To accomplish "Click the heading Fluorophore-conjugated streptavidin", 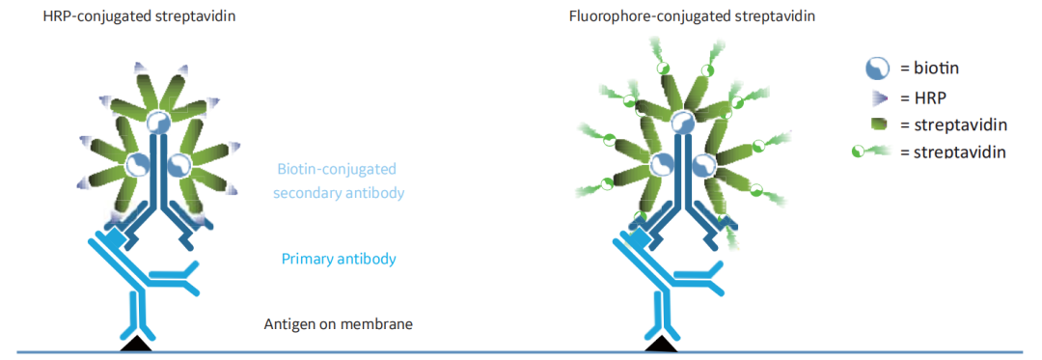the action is (x=693, y=14).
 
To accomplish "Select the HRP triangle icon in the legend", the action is (x=878, y=97).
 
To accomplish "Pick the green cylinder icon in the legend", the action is (x=879, y=125).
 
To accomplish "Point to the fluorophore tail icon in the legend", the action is (x=872, y=152).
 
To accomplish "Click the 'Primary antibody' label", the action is (x=339, y=259).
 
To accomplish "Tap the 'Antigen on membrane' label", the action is (x=340, y=325).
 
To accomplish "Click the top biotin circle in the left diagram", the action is (x=158, y=122).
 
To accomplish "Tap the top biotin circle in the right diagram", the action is (x=682, y=122).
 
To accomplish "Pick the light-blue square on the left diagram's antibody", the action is (x=115, y=235).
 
